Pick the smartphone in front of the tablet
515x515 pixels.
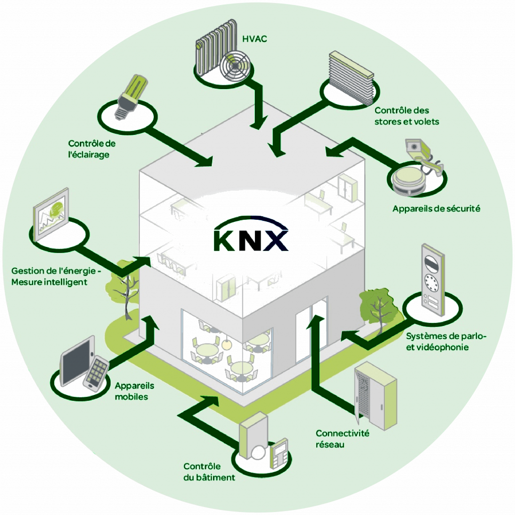[x=96, y=373]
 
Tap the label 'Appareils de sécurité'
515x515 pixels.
[x=436, y=208]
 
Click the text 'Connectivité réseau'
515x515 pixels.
[x=342, y=439]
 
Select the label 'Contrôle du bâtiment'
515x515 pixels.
[x=209, y=472]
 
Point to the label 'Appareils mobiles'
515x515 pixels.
[x=134, y=391]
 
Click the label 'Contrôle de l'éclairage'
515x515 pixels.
[x=96, y=148]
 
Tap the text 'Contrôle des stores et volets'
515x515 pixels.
[x=406, y=116]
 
